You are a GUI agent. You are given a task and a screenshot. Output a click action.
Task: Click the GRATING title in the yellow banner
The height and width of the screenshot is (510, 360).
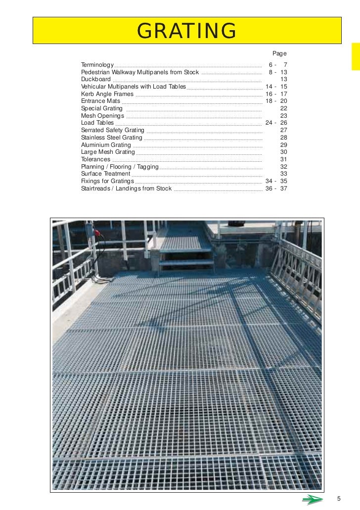tap(187, 31)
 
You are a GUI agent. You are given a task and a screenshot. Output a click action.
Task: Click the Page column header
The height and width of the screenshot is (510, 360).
tap(279, 53)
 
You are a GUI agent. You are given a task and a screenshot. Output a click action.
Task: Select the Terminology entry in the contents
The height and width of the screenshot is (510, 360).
tap(97, 65)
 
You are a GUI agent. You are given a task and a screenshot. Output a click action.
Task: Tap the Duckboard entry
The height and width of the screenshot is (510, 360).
tap(96, 79)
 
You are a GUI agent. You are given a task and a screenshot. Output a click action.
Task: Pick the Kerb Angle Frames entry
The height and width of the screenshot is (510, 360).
tap(107, 93)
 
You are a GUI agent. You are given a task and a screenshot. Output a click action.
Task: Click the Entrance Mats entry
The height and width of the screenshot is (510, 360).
tap(101, 101)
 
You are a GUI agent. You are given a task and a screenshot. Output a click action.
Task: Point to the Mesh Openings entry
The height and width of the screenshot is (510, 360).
tap(103, 116)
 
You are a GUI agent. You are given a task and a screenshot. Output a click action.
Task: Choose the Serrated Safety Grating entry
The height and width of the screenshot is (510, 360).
tap(113, 130)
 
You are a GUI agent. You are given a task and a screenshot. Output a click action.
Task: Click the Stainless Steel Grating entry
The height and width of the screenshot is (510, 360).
tap(112, 138)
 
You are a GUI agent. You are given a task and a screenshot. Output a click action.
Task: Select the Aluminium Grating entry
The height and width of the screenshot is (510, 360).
tap(106, 145)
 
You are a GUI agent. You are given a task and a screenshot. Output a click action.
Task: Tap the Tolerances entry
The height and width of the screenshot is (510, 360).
tap(95, 159)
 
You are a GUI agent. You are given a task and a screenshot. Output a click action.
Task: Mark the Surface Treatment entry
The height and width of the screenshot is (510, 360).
tap(106, 174)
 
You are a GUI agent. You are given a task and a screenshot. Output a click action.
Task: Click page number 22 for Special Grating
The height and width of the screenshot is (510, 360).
tap(283, 108)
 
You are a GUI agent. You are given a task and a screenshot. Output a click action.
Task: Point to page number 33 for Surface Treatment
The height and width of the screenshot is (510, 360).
tap(283, 174)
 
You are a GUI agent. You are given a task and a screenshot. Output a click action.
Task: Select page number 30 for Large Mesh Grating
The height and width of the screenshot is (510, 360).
tap(283, 152)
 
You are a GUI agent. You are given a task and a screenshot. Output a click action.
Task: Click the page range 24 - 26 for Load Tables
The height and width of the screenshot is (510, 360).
tap(276, 123)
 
